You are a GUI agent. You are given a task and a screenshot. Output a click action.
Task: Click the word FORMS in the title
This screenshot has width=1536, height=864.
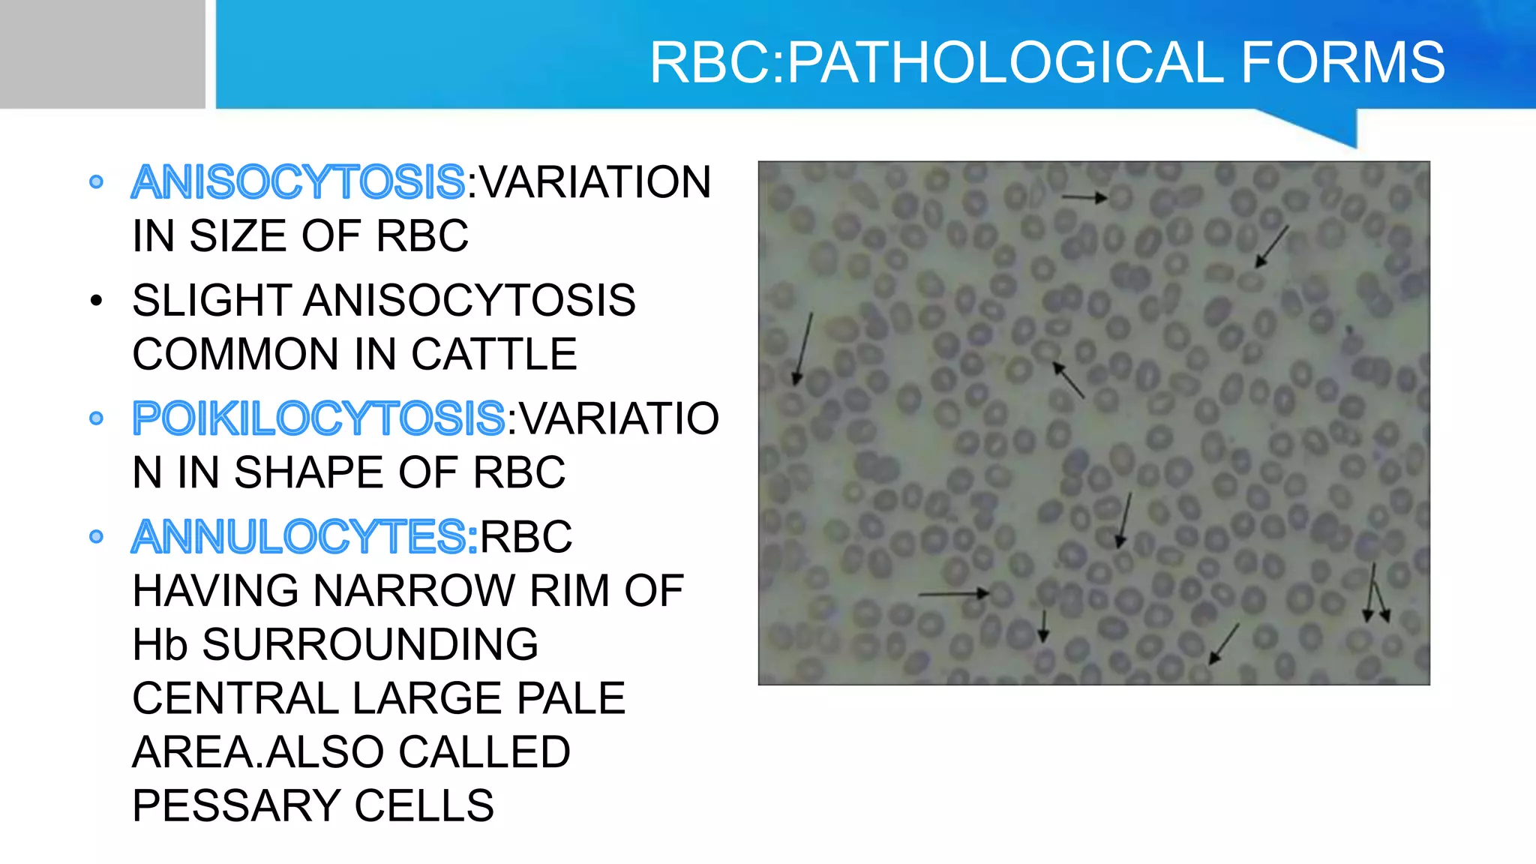pyautogui.click(x=1342, y=62)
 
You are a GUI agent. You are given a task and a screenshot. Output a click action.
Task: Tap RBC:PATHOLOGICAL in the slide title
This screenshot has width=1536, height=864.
pyautogui.click(x=937, y=62)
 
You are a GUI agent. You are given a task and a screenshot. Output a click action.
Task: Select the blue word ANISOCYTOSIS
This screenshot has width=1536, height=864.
pyautogui.click(x=298, y=182)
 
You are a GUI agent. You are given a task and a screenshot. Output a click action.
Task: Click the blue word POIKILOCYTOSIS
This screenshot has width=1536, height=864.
pyautogui.click(x=319, y=418)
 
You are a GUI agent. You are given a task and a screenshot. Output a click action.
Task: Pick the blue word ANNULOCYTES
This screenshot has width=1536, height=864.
pyautogui.click(x=304, y=537)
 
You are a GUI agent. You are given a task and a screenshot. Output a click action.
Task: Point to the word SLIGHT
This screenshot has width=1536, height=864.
pyautogui.click(x=211, y=301)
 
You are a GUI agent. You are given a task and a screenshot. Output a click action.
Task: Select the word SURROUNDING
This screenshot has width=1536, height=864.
pyautogui.click(x=370, y=645)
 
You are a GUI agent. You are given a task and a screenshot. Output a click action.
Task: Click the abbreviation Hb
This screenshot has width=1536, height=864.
pyautogui.click(x=160, y=645)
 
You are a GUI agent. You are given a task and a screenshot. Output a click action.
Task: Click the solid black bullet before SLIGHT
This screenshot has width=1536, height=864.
pyautogui.click(x=95, y=301)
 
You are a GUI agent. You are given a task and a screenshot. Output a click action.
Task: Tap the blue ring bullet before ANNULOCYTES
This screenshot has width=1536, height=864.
pyautogui.click(x=95, y=537)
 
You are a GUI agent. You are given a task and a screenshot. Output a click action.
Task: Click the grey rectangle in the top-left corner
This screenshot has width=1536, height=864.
pyautogui.click(x=102, y=53)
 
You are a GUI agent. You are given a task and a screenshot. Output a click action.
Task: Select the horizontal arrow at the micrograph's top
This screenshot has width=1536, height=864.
pyautogui.click(x=1084, y=197)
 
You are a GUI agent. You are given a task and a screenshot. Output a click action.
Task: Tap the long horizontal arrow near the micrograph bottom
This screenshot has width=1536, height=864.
pyautogui.click(x=953, y=594)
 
